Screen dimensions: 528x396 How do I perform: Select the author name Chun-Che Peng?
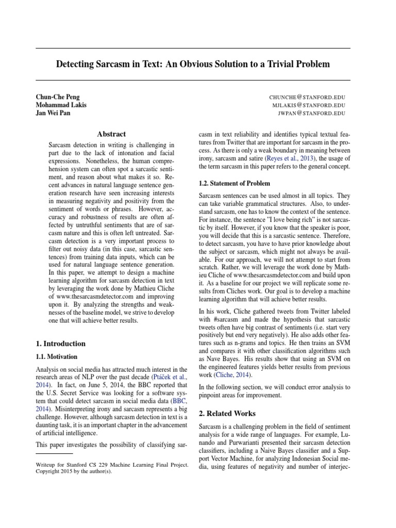[x=58, y=97]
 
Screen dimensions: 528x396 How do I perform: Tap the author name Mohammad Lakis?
[x=61, y=105]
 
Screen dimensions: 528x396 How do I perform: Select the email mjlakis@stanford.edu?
[x=309, y=105]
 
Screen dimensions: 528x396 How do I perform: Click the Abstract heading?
[x=111, y=134]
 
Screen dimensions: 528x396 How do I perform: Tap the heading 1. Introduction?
[x=61, y=344]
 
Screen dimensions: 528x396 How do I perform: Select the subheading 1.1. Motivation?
[x=57, y=356]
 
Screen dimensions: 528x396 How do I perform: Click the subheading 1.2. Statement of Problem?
[x=235, y=184]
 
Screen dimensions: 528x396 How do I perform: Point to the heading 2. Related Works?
[x=227, y=414]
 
